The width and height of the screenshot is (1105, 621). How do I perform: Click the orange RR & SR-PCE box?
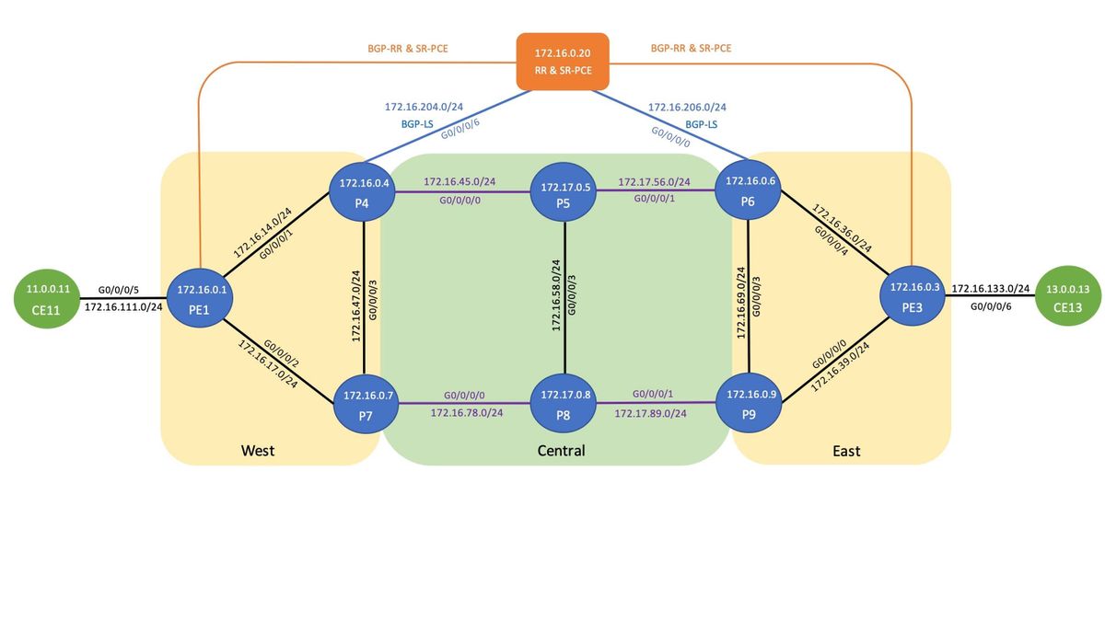point(564,62)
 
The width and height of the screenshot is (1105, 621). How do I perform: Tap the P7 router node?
point(367,405)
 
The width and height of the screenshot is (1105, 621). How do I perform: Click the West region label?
point(258,451)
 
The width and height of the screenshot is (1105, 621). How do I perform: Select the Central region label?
point(562,451)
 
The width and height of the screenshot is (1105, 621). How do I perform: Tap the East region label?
point(845,451)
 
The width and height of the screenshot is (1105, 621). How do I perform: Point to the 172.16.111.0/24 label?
point(123,305)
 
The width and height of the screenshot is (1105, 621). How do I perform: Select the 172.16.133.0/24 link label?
point(990,288)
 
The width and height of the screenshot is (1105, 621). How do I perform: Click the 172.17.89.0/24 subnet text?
point(650,413)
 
